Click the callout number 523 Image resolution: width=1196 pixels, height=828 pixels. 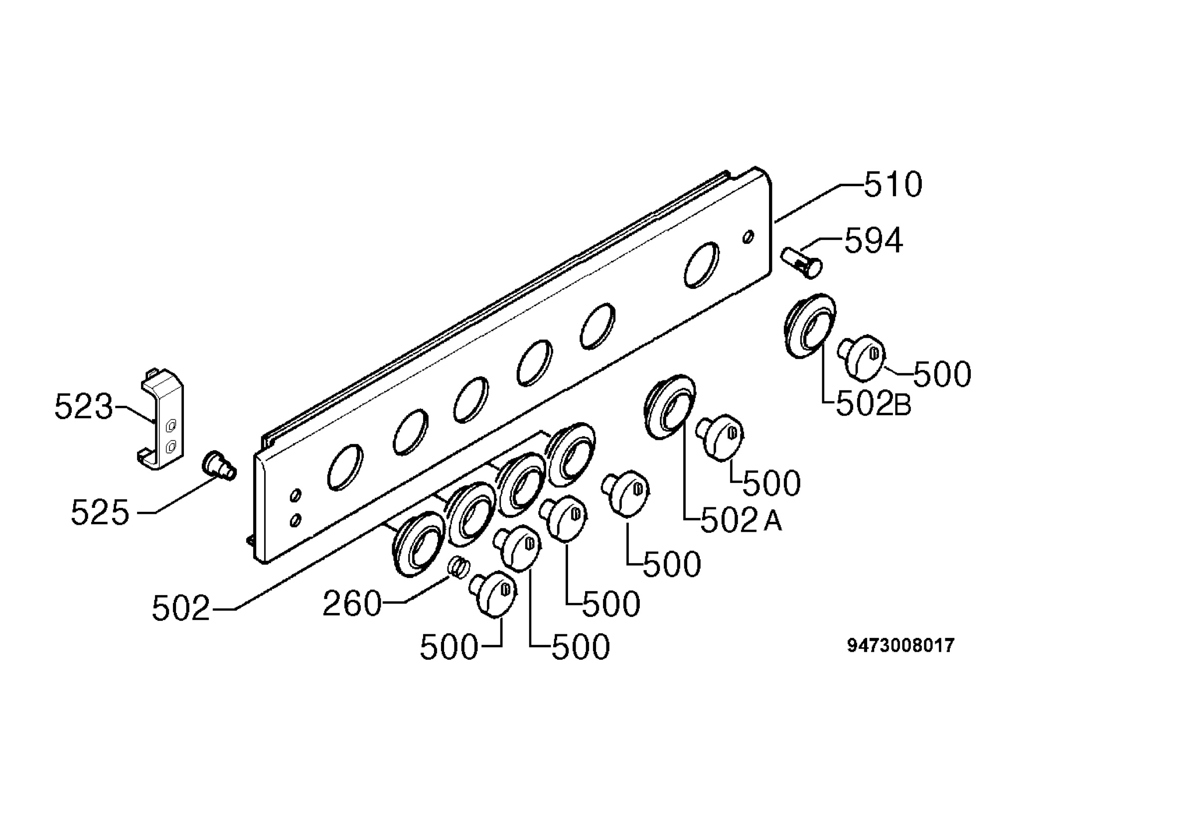coord(84,406)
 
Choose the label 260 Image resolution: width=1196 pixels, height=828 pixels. coord(352,604)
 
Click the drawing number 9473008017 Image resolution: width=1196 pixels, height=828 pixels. coord(900,645)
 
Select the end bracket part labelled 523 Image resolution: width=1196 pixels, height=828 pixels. coord(160,419)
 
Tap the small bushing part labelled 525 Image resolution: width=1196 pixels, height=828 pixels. coord(219,466)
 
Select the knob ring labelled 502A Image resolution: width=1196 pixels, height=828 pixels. coord(670,406)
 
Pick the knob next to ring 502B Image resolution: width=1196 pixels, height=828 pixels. coord(862,356)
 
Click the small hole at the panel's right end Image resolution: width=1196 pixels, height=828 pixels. coord(748,237)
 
